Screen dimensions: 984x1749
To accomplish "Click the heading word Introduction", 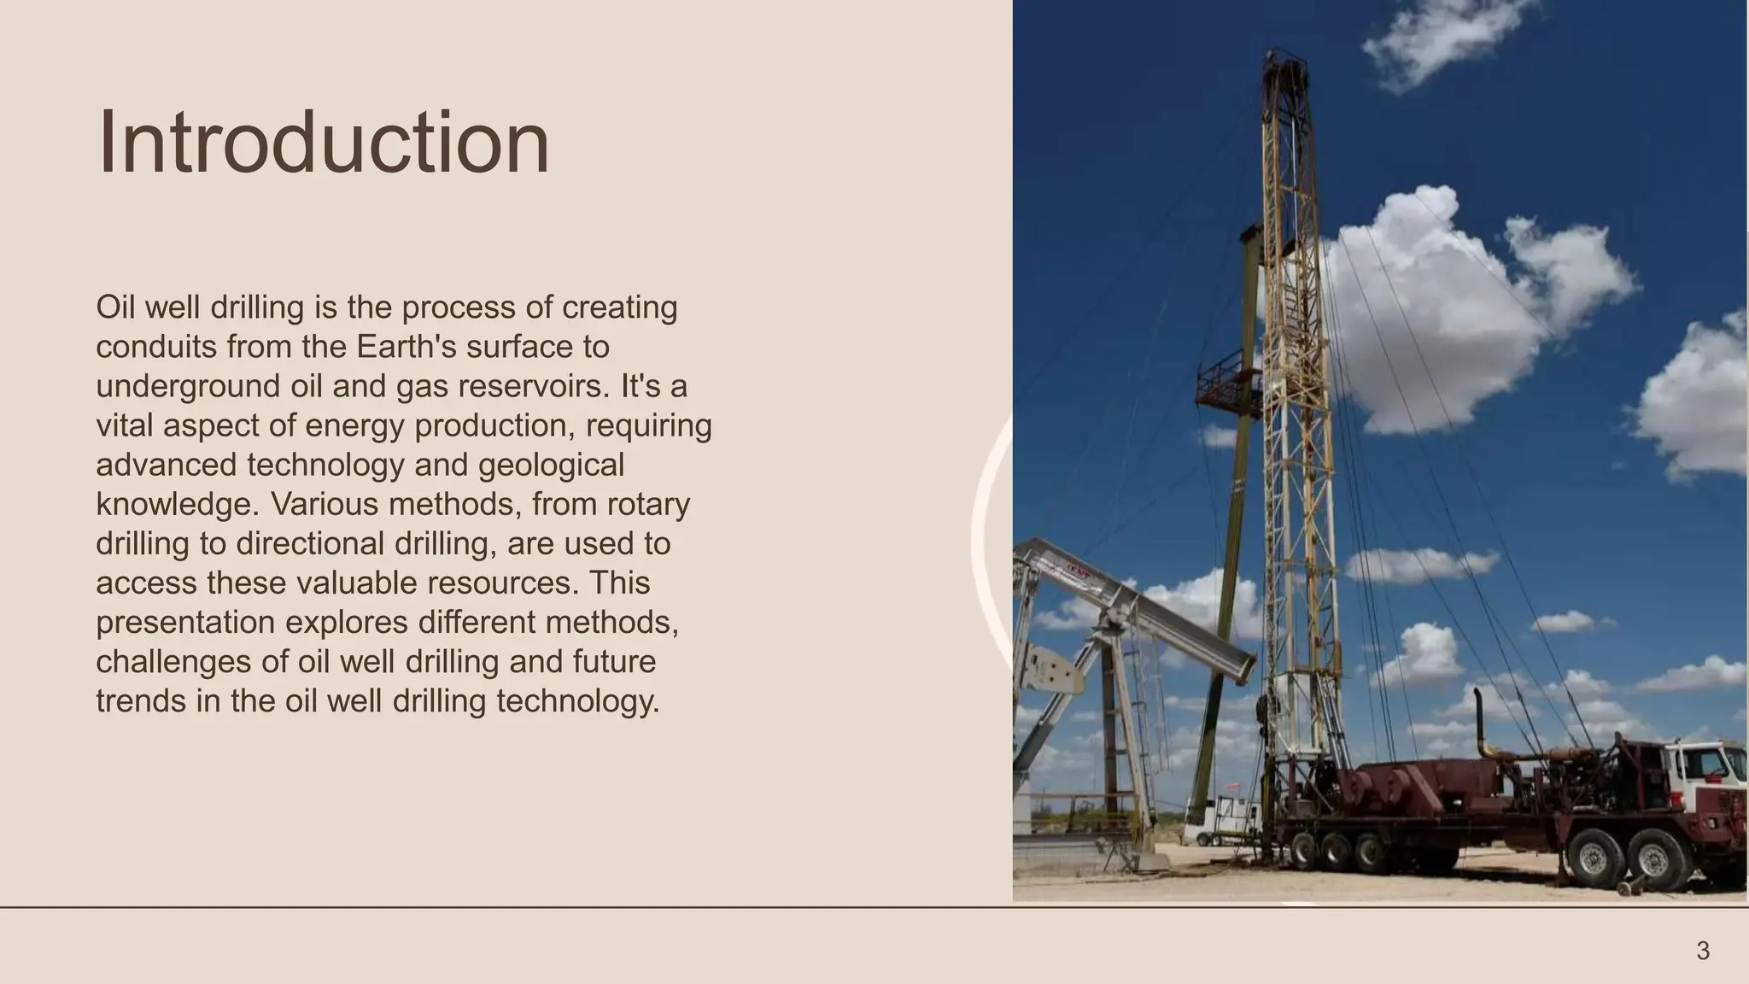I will click(324, 143).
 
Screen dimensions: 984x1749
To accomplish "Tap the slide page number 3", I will click(1703, 951).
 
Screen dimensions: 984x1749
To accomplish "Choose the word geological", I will click(551, 465).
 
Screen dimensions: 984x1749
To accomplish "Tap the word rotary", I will click(648, 504).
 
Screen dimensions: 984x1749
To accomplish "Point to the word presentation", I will click(184, 622).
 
